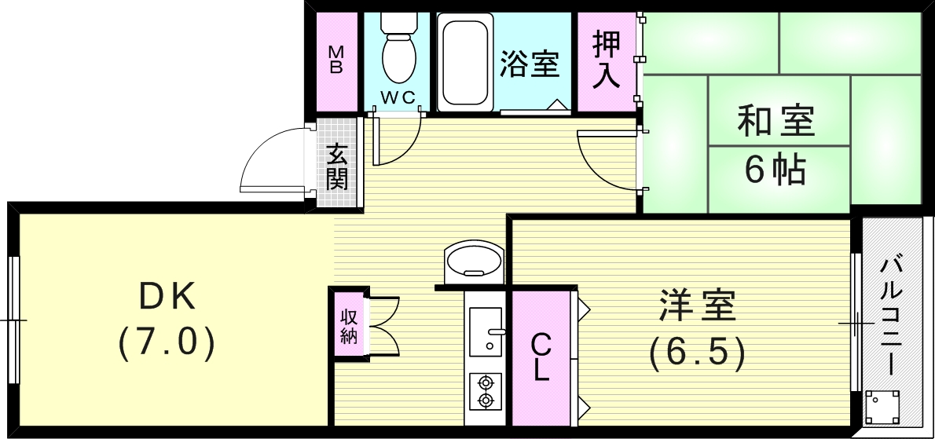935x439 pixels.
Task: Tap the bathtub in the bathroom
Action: (x=465, y=62)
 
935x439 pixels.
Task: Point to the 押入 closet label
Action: (x=607, y=60)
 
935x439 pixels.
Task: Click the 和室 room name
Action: (x=775, y=121)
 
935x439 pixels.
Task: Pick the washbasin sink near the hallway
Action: (x=474, y=261)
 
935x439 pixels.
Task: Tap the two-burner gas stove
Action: (x=486, y=391)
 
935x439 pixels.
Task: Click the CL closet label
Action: (x=541, y=357)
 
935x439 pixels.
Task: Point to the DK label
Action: (x=167, y=298)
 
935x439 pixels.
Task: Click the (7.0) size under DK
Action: (x=167, y=345)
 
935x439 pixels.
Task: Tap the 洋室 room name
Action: (x=698, y=306)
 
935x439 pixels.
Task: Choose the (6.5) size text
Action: (x=698, y=354)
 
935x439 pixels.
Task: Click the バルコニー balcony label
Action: (x=891, y=314)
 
